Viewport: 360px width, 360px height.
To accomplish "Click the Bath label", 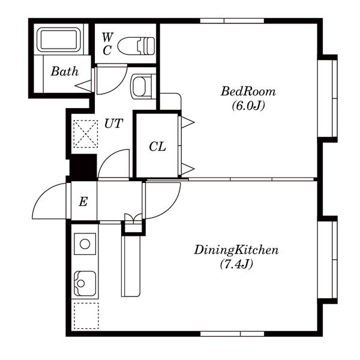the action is click(65, 71).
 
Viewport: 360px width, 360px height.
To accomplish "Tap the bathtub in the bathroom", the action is click(59, 40).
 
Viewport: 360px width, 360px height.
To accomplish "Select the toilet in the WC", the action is click(136, 46).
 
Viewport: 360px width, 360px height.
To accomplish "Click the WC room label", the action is click(107, 44).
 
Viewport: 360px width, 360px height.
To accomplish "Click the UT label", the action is click(113, 124).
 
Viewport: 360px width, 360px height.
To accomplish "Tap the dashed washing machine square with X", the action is click(85, 134).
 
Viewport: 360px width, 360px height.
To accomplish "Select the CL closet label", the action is click(157, 146).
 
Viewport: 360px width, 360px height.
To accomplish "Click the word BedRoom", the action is click(248, 91).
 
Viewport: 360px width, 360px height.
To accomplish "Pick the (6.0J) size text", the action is click(248, 106).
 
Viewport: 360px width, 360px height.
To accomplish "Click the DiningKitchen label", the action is click(236, 250).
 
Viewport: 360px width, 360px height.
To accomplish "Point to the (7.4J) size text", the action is click(236, 264).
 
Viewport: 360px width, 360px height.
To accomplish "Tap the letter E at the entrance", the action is click(83, 202).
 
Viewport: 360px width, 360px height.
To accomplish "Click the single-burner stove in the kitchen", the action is click(85, 244).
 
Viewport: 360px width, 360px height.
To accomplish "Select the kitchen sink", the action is click(85, 283).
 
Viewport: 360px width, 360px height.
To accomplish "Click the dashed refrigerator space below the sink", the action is click(86, 316).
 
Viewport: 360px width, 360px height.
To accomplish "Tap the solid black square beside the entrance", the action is click(83, 167).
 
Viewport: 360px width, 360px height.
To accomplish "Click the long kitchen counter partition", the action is click(131, 266).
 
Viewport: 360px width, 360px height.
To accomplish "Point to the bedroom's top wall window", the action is click(232, 21).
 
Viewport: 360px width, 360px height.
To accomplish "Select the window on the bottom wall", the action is click(232, 334).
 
